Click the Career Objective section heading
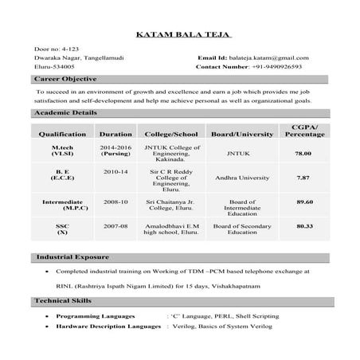[67, 80]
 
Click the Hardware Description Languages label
[108, 327]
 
